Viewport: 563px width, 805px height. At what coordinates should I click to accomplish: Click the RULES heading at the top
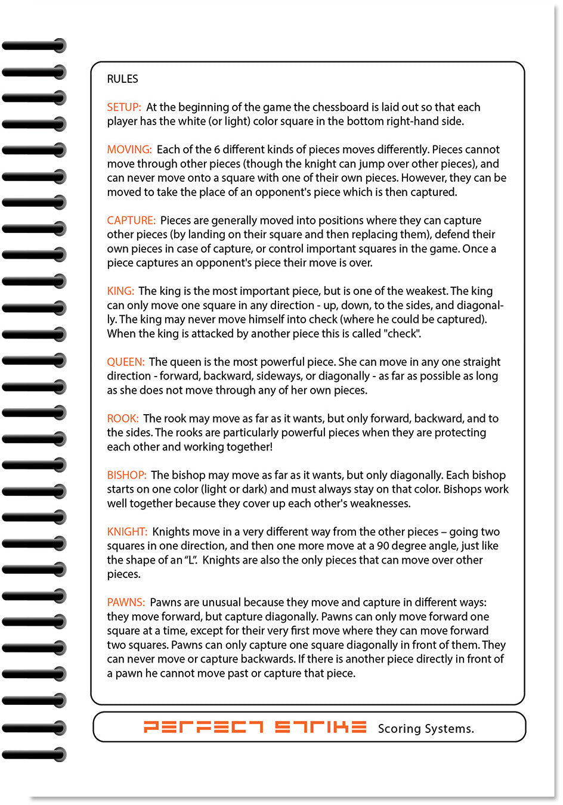pos(122,79)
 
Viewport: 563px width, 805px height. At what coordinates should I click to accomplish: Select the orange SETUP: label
pos(123,107)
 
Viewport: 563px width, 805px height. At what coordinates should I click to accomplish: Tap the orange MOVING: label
pos(129,150)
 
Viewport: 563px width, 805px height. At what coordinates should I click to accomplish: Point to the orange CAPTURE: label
pos(131,220)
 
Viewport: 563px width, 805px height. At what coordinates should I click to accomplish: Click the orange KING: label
pos(120,291)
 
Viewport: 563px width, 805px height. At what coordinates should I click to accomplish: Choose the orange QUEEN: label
pos(125,362)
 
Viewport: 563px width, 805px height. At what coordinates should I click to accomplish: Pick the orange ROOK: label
pos(122,419)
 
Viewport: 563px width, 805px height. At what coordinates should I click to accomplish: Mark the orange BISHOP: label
pos(126,475)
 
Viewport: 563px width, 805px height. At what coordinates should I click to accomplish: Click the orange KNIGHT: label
pos(127,532)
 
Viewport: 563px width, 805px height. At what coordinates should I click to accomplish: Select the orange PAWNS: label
pos(126,603)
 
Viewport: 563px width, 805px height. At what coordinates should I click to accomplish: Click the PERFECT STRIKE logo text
pos(255,727)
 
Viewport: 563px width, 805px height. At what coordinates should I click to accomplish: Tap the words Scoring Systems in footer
pos(426,728)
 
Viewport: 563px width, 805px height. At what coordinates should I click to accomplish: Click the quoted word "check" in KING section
pos(403,334)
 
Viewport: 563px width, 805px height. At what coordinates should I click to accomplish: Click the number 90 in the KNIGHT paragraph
pos(383,546)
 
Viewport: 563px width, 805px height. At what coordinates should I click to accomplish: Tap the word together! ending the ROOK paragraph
pos(249,447)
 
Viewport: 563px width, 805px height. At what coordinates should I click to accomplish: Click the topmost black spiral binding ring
pos(34,45)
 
